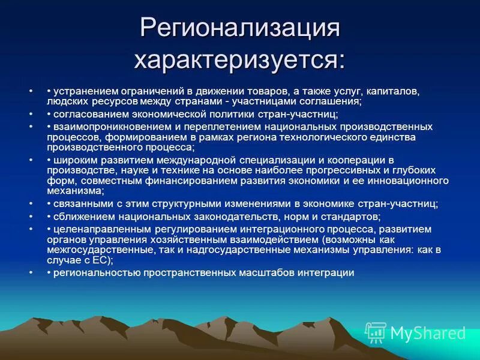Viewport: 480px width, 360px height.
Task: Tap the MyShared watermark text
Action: [x=428, y=333]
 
